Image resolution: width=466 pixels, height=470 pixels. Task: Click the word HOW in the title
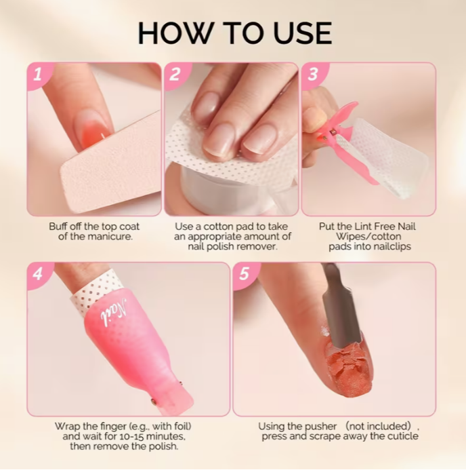(x=176, y=33)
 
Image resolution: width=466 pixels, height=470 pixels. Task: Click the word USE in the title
(x=303, y=33)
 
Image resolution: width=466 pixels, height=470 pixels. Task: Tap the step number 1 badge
(x=38, y=74)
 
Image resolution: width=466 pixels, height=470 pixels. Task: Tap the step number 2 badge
(x=175, y=74)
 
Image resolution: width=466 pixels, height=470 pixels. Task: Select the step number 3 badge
(x=313, y=74)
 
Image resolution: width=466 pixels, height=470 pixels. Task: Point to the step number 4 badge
(x=38, y=274)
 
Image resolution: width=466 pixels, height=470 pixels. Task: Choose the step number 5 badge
(x=245, y=274)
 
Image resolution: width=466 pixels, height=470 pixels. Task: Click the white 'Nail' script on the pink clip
(x=114, y=313)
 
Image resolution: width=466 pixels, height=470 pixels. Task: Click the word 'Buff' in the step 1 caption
(x=59, y=227)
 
